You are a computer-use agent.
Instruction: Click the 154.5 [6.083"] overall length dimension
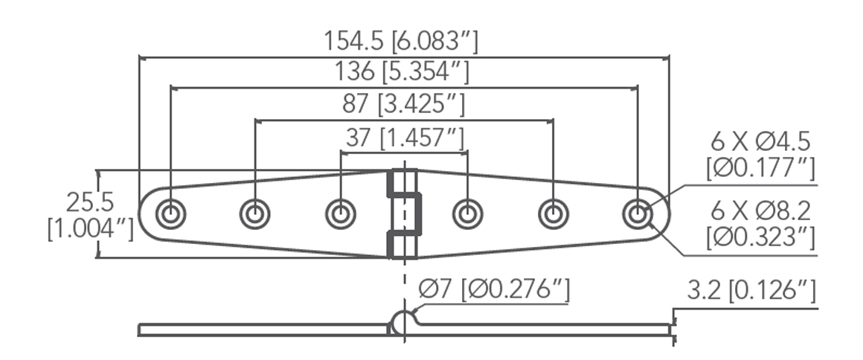click(x=401, y=41)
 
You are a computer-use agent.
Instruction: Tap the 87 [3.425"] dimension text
click(x=404, y=105)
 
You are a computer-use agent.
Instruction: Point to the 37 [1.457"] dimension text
click(x=405, y=138)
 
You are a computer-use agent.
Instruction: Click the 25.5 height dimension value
click(x=89, y=202)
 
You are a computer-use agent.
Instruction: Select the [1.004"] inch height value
click(x=90, y=228)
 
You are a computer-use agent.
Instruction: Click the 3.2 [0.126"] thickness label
click(x=751, y=290)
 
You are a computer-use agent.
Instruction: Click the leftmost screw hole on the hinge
click(x=170, y=214)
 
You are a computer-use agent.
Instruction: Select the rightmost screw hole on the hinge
click(x=638, y=214)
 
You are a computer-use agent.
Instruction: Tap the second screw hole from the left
click(x=254, y=214)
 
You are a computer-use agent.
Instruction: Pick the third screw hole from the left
click(x=340, y=214)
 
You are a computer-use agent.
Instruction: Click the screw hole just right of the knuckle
click(x=467, y=214)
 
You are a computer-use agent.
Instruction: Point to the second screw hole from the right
click(x=553, y=214)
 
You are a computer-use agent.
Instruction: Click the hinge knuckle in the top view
click(x=404, y=214)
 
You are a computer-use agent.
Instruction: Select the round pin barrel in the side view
click(x=402, y=322)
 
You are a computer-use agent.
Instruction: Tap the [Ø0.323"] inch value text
click(x=760, y=237)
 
